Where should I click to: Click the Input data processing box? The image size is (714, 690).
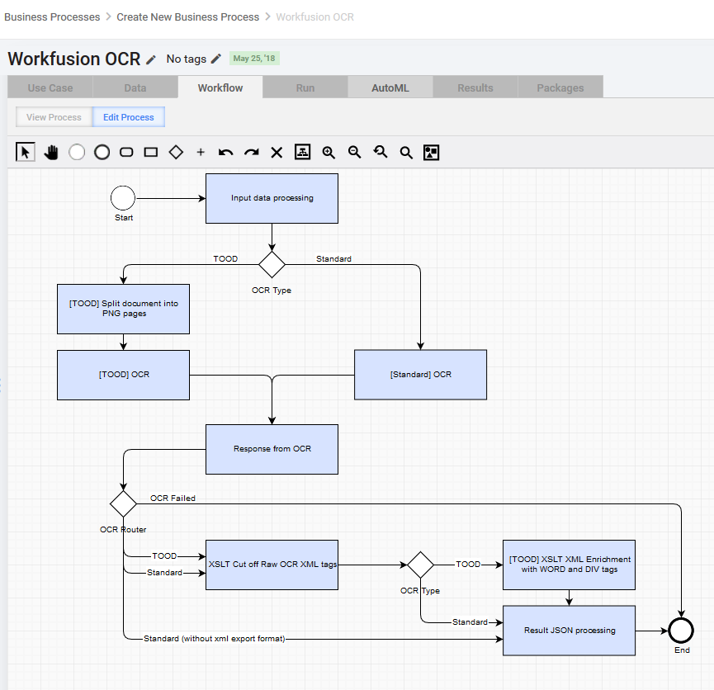click(x=272, y=199)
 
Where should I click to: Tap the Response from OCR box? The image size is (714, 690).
click(x=272, y=450)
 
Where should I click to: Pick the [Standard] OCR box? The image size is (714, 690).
click(x=420, y=375)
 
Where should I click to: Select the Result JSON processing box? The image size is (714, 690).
click(x=569, y=631)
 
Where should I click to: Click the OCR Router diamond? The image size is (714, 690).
click(x=123, y=503)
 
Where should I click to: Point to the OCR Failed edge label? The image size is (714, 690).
click(x=173, y=499)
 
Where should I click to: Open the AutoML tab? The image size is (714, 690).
click(x=390, y=88)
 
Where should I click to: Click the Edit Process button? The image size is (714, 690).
click(x=129, y=117)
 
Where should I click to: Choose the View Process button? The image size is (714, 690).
click(x=54, y=117)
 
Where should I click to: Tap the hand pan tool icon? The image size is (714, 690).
click(x=51, y=152)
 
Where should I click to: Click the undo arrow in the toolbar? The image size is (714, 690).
click(x=225, y=152)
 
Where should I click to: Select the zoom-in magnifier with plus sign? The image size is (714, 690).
click(x=329, y=152)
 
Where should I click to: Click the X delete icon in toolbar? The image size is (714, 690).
click(x=277, y=152)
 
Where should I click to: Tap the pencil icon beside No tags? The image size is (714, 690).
click(x=215, y=59)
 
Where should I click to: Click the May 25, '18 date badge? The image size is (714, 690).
click(x=254, y=59)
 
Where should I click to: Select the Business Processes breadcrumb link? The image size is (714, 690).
click(x=52, y=17)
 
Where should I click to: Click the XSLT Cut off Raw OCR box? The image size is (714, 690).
click(x=272, y=565)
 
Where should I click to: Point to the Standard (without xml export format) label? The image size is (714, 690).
click(x=214, y=639)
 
